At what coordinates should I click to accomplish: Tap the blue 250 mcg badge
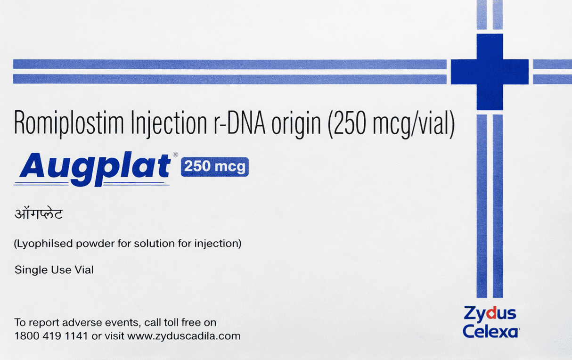pos(214,166)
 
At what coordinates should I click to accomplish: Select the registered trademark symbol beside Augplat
pos(175,155)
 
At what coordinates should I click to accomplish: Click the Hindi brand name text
pos(38,215)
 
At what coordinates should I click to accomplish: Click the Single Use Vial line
pos(54,270)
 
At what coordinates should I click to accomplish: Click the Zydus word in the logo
pos(490,314)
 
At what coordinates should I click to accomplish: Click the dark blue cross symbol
pos(490,72)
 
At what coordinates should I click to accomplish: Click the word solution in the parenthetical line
pos(132,244)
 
